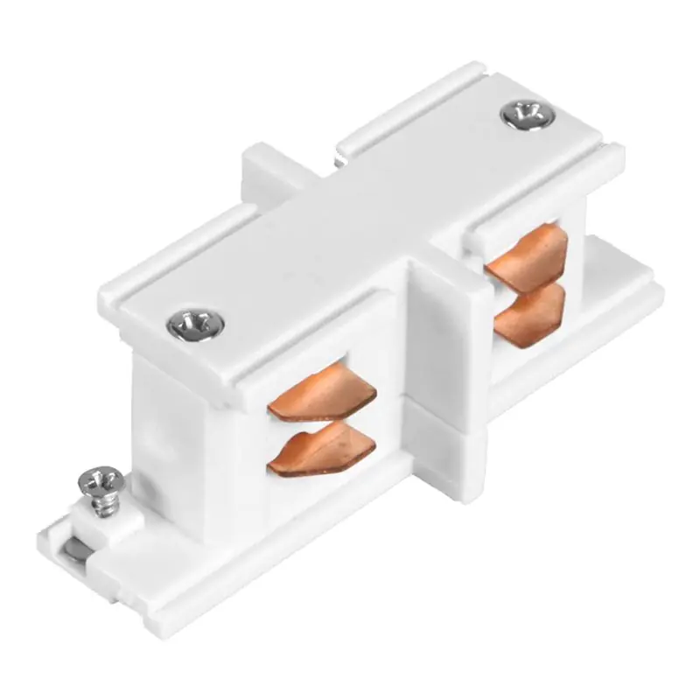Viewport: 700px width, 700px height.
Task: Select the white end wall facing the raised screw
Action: click(x=166, y=411)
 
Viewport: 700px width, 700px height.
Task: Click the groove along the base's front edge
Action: click(x=262, y=569)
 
